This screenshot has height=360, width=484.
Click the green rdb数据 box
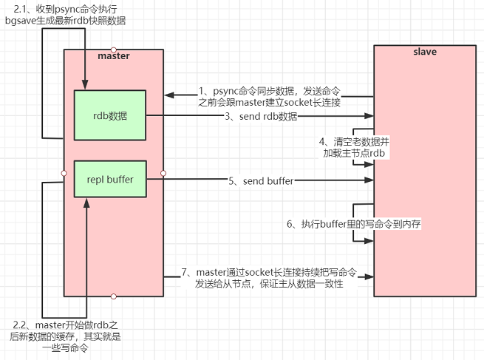coord(110,116)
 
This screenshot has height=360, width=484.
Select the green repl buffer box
coord(110,179)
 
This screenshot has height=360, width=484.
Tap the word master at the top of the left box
coord(113,57)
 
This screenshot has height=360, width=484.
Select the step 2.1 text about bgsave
coord(71,15)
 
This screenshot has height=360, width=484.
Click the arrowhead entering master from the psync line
coord(168,95)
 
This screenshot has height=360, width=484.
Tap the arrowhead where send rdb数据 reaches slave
coord(370,116)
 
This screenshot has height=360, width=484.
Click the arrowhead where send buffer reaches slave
coord(370,180)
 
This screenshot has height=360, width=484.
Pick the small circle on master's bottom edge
coord(114,296)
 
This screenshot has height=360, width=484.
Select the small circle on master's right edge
coord(163,173)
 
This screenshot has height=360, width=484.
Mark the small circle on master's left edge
coord(64,173)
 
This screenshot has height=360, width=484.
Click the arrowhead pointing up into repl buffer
coord(86,200)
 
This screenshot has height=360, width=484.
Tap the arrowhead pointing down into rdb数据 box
coord(86,87)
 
